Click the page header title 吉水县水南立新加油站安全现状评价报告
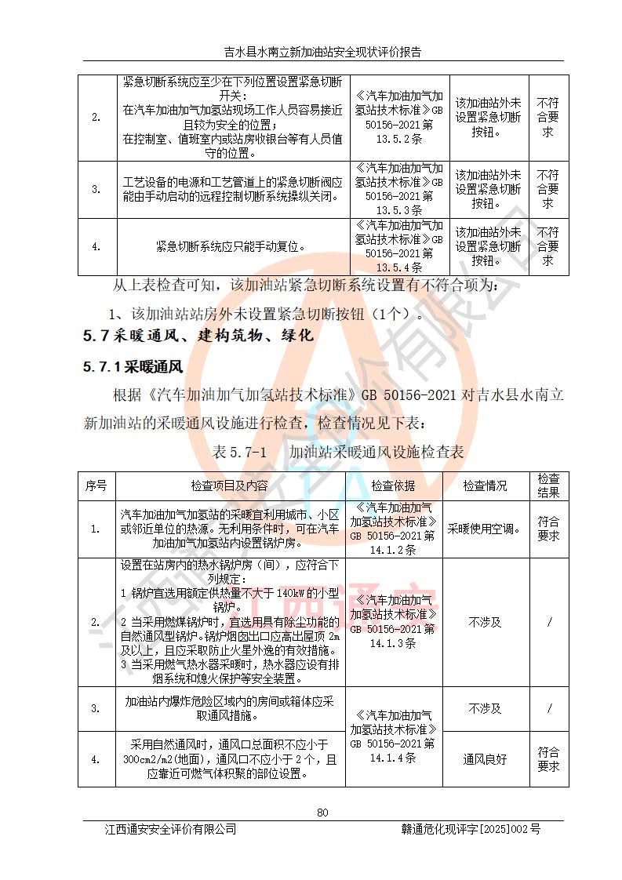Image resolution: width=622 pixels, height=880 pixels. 322,53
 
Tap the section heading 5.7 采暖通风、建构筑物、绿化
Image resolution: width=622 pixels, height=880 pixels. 198,336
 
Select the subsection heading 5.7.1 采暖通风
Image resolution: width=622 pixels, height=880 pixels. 133,366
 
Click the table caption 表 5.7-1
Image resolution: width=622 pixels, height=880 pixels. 240,453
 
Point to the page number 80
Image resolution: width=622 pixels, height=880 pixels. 322,812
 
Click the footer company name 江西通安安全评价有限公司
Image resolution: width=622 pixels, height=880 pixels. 171,829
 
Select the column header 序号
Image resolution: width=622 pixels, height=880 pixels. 96,486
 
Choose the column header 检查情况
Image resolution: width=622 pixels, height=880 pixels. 485,486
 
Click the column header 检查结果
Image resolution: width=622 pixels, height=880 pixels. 548,486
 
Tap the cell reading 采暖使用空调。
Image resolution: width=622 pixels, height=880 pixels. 485,529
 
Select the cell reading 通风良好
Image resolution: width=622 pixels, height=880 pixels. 485,759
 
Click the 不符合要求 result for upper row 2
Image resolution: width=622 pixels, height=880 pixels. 548,118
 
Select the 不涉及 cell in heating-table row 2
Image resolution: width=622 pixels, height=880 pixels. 485,622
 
